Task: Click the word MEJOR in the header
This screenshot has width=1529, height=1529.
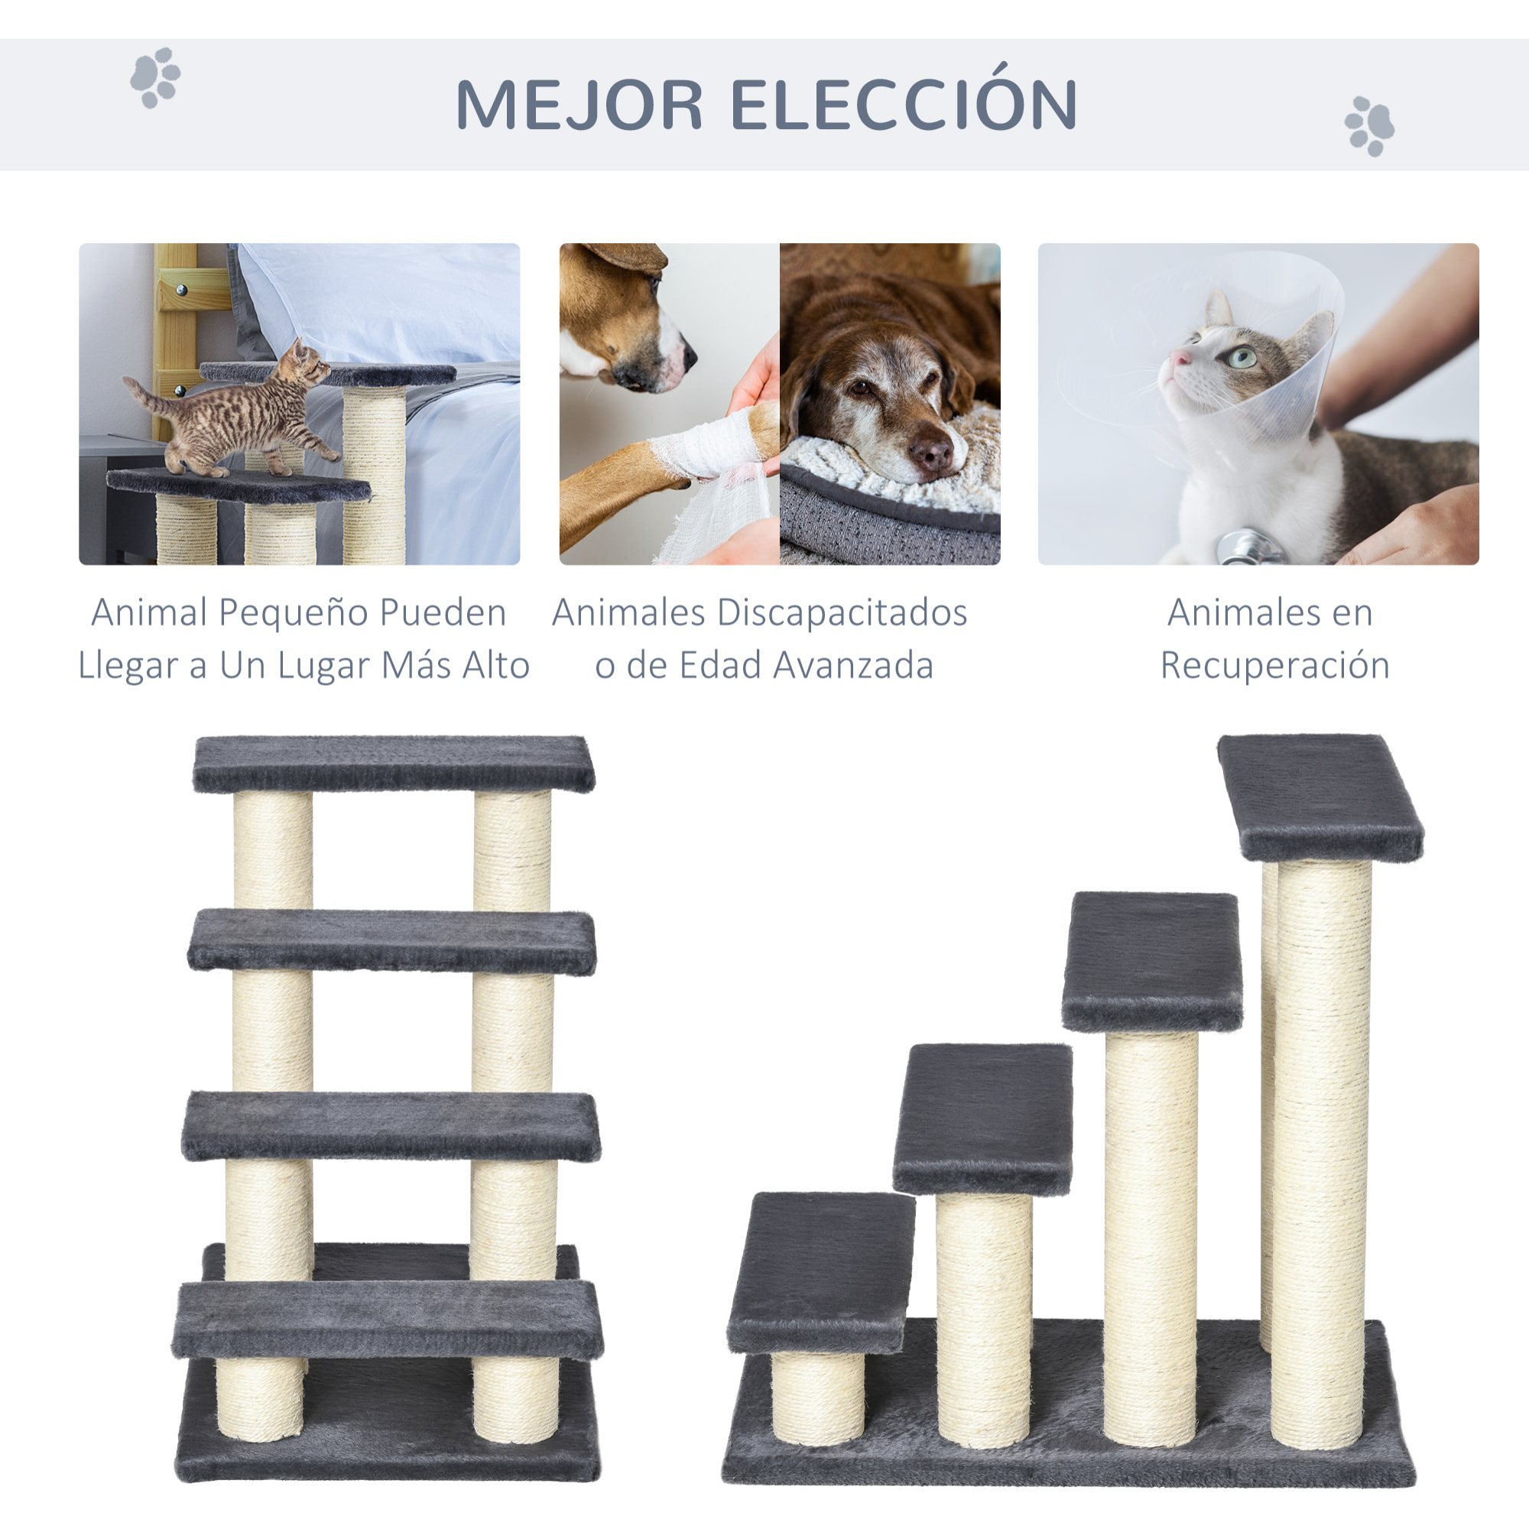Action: click(x=579, y=105)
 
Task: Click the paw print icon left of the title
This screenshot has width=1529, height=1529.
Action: click(x=155, y=77)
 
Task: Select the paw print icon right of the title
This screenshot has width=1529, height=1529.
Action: click(x=1369, y=126)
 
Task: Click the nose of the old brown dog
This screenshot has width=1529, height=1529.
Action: click(x=931, y=453)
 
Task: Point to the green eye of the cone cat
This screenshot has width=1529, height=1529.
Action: click(x=1241, y=357)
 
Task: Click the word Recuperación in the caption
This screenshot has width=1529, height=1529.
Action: click(x=1275, y=666)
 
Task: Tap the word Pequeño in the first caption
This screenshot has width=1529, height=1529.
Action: click(x=291, y=613)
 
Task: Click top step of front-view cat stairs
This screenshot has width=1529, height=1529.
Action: click(x=393, y=763)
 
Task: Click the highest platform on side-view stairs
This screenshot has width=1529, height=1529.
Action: click(x=1320, y=795)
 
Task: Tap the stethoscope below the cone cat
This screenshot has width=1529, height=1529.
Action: click(x=1245, y=547)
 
